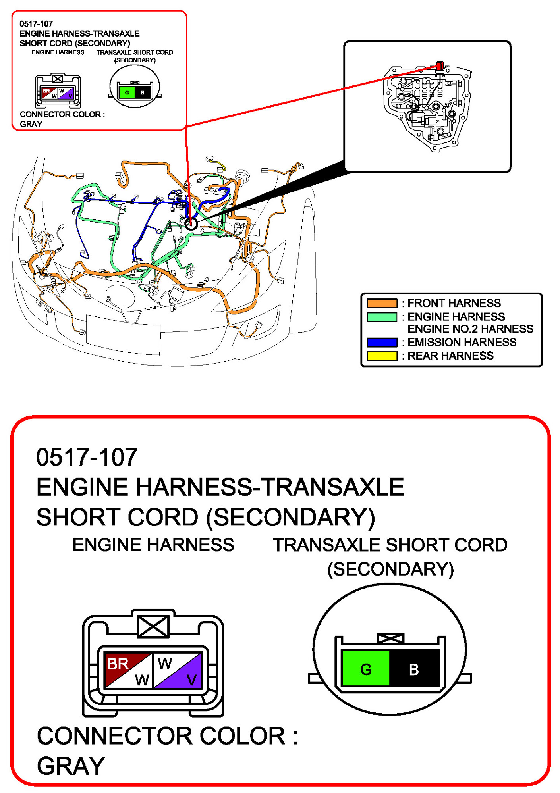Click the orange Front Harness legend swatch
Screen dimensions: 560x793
pos(382,303)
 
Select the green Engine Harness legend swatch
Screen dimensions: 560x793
pos(382,317)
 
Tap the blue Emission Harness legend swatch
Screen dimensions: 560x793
pos(382,342)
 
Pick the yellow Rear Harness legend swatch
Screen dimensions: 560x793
pos(382,356)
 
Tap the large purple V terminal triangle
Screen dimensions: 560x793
pos(187,675)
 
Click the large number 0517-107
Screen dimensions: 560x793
pos(87,457)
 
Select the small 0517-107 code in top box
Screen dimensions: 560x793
pos(36,24)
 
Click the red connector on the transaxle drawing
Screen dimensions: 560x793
pos(439,65)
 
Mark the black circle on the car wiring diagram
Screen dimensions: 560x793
pos(191,224)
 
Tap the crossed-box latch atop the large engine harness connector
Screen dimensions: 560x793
pos(153,626)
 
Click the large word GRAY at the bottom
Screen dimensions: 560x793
pos(71,766)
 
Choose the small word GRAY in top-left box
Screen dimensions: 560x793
pos(31,124)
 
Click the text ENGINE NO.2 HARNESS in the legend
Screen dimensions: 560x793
pos(470,329)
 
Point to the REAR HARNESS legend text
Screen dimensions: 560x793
pos(450,356)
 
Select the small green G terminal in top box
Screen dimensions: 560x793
pos(127,93)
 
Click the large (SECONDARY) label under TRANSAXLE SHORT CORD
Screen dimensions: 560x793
pos(390,569)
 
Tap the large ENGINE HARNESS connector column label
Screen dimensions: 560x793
pos(153,545)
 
